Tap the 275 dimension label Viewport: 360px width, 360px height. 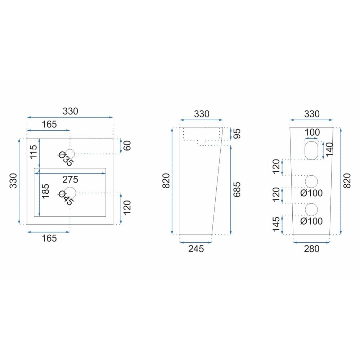pyautogui.click(x=70, y=180)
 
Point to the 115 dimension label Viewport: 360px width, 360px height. pyautogui.click(x=33, y=152)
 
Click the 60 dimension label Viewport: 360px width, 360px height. pyautogui.click(x=127, y=145)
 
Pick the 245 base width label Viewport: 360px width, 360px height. pyautogui.click(x=196, y=249)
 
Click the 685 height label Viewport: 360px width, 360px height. pyautogui.click(x=237, y=189)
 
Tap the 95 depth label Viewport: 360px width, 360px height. pyautogui.click(x=237, y=134)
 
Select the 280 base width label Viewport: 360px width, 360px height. pyautogui.click(x=311, y=249)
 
